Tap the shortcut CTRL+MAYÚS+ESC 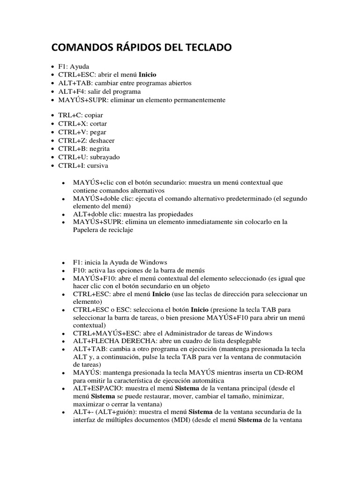coord(103,333)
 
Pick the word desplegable coord(239,341)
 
